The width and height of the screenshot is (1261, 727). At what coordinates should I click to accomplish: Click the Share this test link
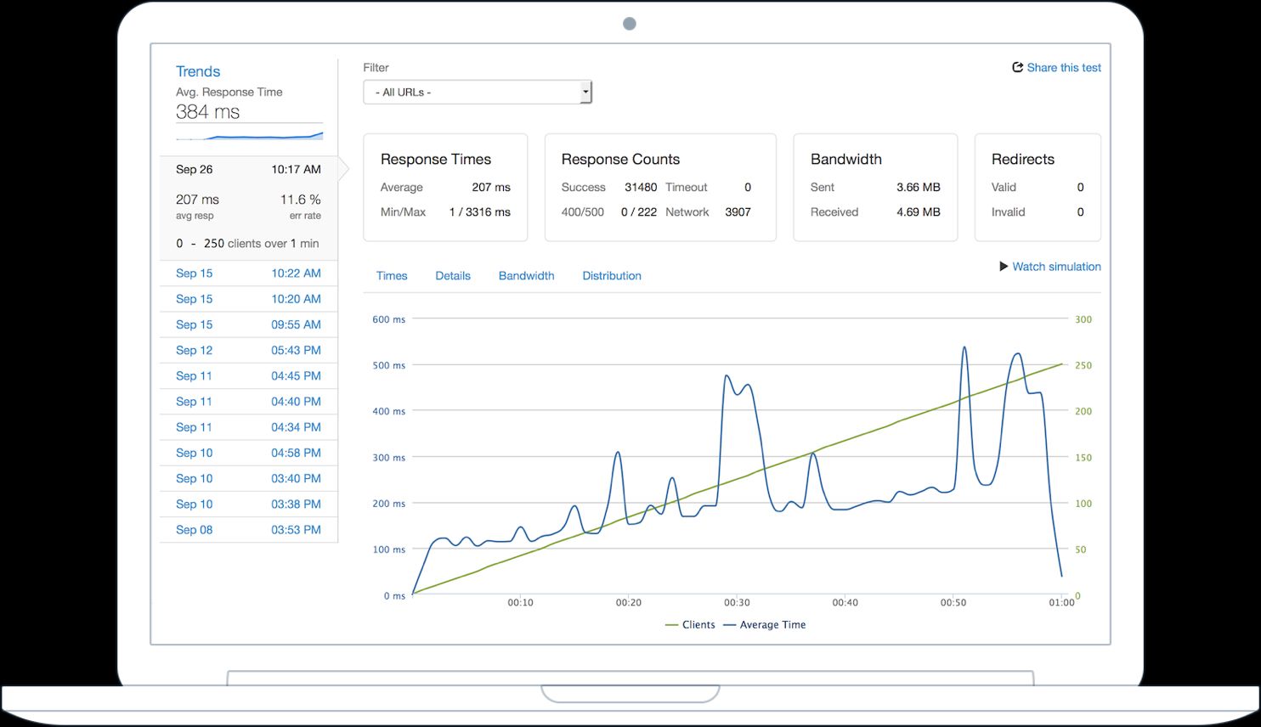(x=1057, y=68)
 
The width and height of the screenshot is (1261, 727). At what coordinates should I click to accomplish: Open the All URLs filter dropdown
(x=477, y=92)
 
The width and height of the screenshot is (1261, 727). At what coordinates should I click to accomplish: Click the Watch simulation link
(x=1050, y=267)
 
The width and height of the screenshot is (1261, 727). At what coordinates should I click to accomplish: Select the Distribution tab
(x=611, y=276)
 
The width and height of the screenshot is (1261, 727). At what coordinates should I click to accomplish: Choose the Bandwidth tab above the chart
(x=526, y=276)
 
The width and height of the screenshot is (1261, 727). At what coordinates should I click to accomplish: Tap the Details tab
(x=452, y=276)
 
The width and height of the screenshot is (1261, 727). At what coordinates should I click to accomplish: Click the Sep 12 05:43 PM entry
(x=248, y=350)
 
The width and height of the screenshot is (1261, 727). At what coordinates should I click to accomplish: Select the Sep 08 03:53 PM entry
(x=248, y=530)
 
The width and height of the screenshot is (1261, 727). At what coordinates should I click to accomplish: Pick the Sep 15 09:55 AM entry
(x=248, y=324)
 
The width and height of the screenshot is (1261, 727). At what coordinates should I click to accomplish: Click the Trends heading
(x=198, y=71)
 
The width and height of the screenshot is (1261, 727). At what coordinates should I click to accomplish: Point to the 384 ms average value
(x=207, y=112)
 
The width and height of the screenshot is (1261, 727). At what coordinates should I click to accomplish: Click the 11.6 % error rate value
(x=300, y=200)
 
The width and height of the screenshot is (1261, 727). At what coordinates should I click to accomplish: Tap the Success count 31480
(x=640, y=188)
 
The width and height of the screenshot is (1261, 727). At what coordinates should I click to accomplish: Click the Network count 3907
(x=738, y=212)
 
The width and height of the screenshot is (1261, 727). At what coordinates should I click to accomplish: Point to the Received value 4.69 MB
(x=918, y=212)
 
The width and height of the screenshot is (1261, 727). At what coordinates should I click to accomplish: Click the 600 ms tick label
(x=388, y=320)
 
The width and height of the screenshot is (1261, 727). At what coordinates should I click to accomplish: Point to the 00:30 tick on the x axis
(x=737, y=602)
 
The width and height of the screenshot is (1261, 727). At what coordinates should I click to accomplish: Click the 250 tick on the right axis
(x=1083, y=366)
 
